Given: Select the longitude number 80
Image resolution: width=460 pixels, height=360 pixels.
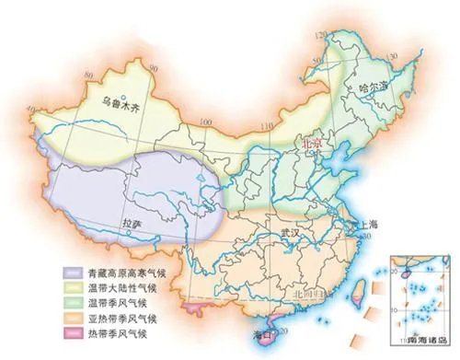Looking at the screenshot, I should tap(38, 109).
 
